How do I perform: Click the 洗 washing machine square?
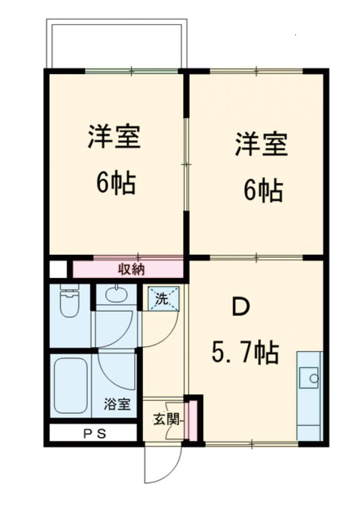click(x=163, y=299)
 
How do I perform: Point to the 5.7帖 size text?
click(x=245, y=352)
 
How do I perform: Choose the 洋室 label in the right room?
click(x=261, y=144)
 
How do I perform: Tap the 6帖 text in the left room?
click(x=116, y=182)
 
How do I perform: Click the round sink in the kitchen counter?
click(x=313, y=379)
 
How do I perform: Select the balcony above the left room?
click(x=116, y=44)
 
